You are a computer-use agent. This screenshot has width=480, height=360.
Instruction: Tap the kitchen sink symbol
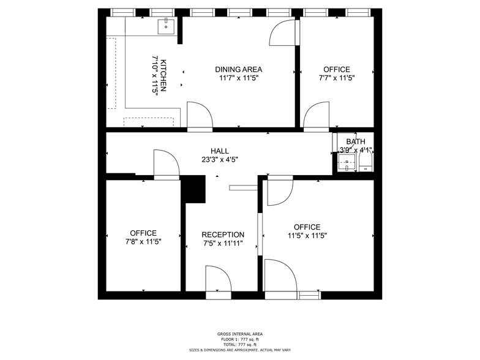point(166,26)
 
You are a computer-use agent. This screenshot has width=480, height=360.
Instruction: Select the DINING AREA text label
point(238,69)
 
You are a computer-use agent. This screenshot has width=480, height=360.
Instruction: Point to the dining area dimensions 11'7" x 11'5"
point(238,78)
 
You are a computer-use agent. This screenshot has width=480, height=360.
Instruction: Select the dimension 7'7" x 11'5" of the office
point(337,78)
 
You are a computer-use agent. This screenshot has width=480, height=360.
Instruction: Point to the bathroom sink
point(347,163)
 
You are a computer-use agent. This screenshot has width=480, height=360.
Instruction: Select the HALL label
point(220,151)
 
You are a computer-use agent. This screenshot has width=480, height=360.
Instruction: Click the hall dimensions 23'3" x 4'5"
point(220,159)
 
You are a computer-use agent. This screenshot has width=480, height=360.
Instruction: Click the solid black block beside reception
point(195,189)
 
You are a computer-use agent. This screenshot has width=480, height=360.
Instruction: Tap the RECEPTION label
point(223,234)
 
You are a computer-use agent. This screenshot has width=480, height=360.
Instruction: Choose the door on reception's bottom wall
point(218,282)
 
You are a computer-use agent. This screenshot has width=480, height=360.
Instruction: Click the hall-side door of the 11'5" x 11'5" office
point(280,190)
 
